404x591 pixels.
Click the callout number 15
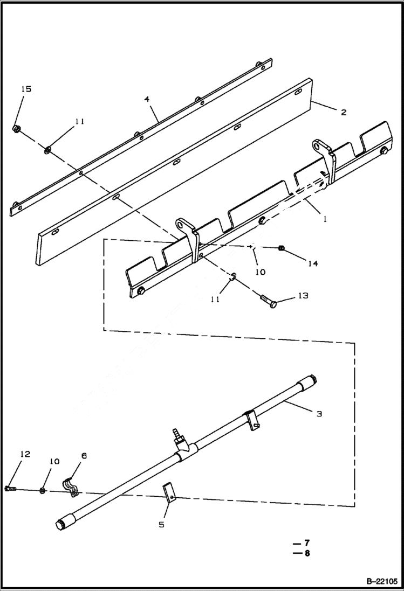tap(26, 89)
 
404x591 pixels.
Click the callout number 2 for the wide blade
tap(344, 113)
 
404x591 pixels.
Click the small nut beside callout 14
tap(281, 248)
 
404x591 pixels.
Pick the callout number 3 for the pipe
tap(319, 414)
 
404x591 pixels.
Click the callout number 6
tap(83, 456)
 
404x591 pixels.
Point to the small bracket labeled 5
tap(169, 493)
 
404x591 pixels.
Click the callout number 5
tap(161, 524)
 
